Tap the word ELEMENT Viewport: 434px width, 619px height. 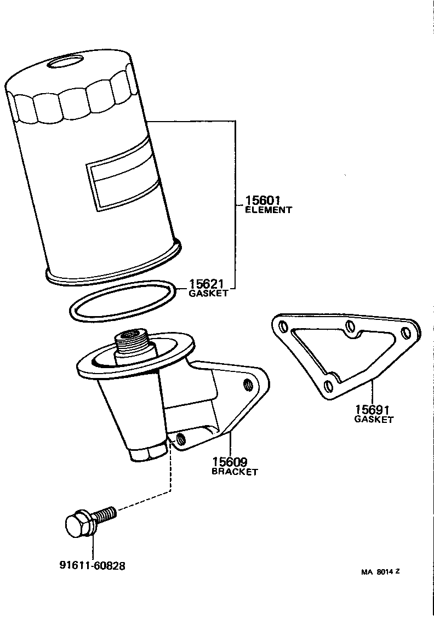268,210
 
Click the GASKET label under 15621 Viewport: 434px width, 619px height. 208,294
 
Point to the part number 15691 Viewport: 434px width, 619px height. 374,410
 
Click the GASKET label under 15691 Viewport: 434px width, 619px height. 374,420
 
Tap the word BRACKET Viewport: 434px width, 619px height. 235,472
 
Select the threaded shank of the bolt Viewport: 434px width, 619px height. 105,514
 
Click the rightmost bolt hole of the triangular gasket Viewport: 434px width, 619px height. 406,333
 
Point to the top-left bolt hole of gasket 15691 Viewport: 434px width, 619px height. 283,328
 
